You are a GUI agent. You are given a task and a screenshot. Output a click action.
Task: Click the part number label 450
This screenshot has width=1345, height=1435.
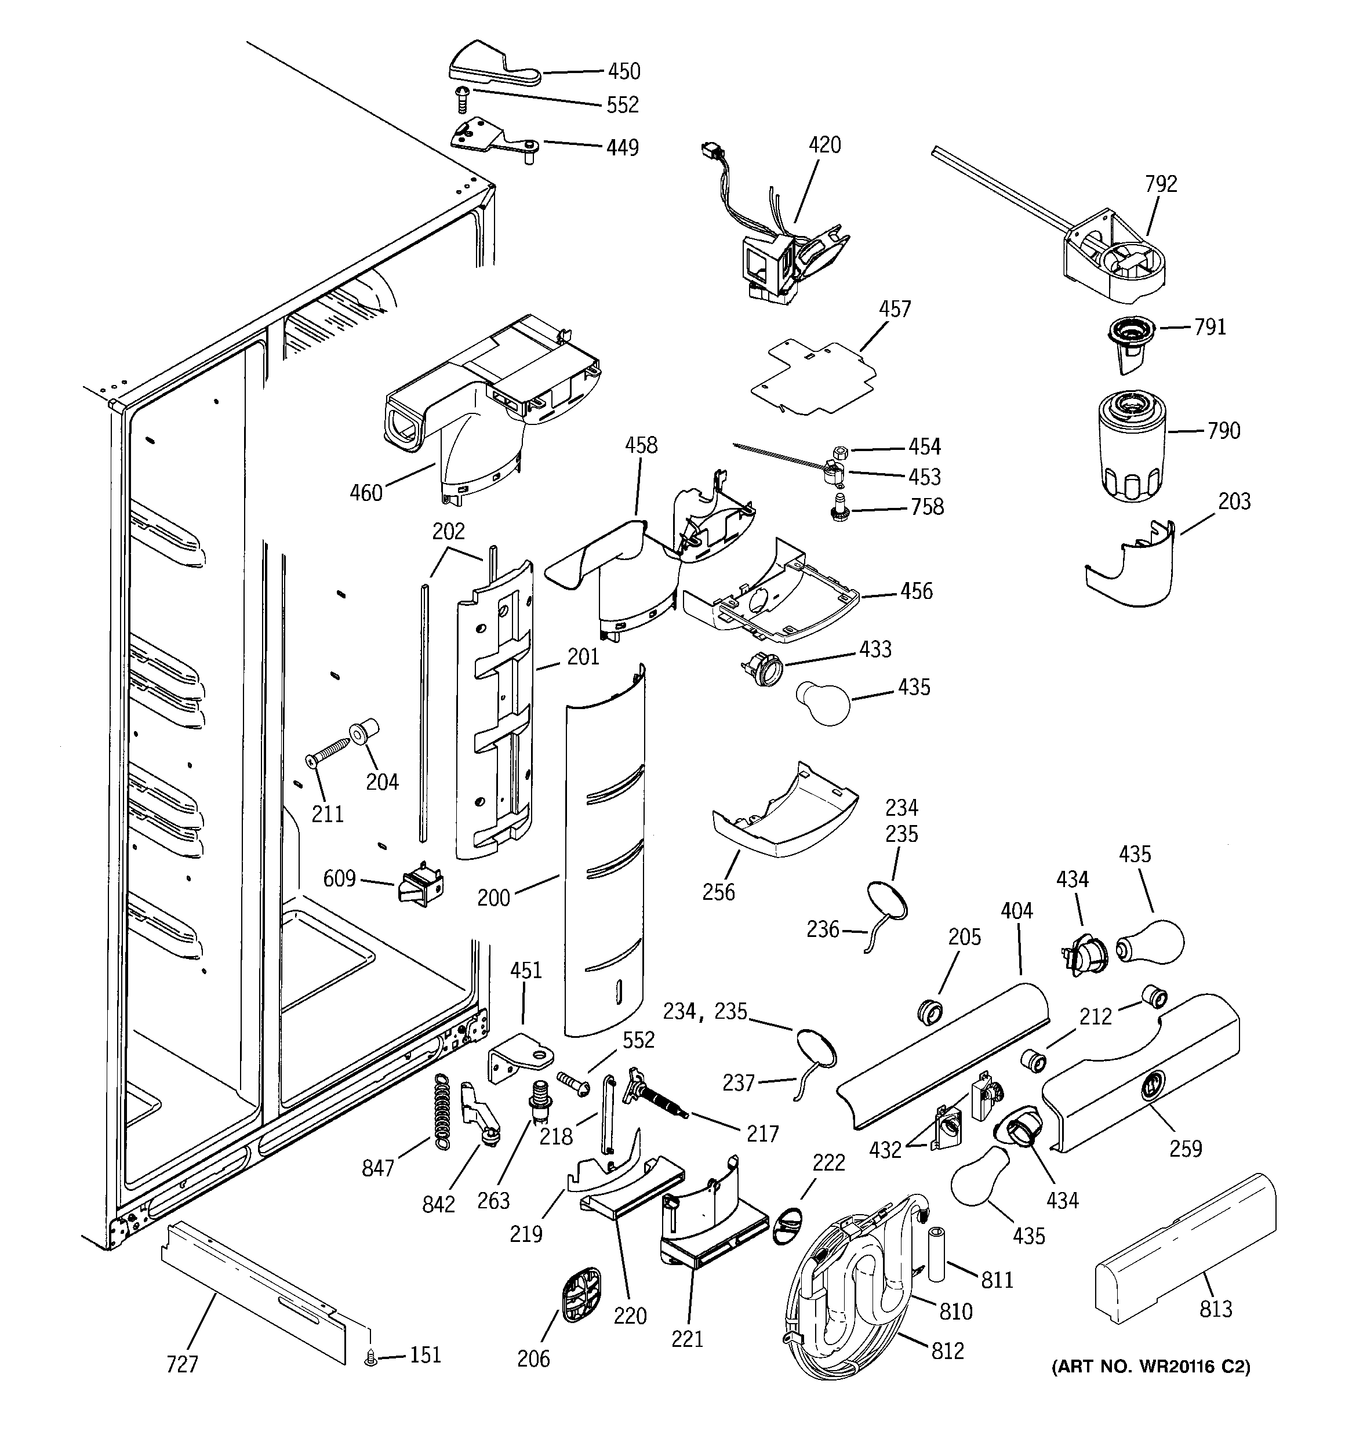tap(624, 71)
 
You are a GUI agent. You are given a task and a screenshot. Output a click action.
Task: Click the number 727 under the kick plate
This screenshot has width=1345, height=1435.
tap(182, 1364)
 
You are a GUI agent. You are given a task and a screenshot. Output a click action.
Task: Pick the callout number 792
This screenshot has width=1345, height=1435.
tap(1161, 184)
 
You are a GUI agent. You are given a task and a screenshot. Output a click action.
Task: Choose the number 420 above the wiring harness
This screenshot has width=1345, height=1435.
tap(824, 145)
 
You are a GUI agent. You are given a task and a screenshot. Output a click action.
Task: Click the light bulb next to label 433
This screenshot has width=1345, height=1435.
tap(823, 703)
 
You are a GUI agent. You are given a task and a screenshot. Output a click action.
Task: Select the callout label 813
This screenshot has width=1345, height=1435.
tap(1216, 1309)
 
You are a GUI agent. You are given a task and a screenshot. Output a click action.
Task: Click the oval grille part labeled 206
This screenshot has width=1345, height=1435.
tap(580, 1294)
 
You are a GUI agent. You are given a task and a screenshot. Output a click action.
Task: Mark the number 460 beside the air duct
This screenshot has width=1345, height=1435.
tap(366, 493)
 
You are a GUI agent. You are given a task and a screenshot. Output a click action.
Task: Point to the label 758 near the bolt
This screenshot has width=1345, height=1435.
tap(927, 507)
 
